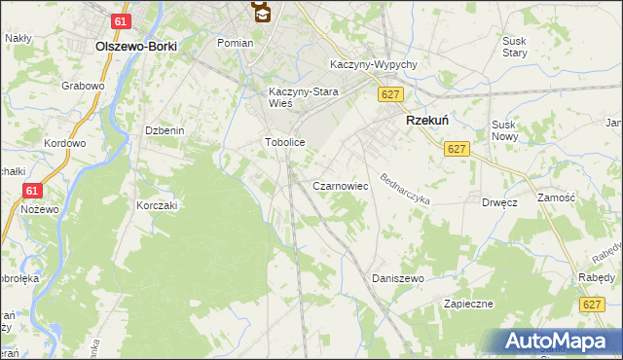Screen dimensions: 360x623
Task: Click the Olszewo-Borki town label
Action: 134,46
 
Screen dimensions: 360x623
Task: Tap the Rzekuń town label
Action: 425,120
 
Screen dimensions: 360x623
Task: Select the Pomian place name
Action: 236,43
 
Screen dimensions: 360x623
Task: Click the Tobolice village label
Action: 285,142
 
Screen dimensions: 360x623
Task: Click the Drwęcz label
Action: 498,202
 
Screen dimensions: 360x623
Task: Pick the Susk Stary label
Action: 515,47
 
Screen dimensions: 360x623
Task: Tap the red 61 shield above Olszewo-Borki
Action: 120,21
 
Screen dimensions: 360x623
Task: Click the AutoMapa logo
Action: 556,341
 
